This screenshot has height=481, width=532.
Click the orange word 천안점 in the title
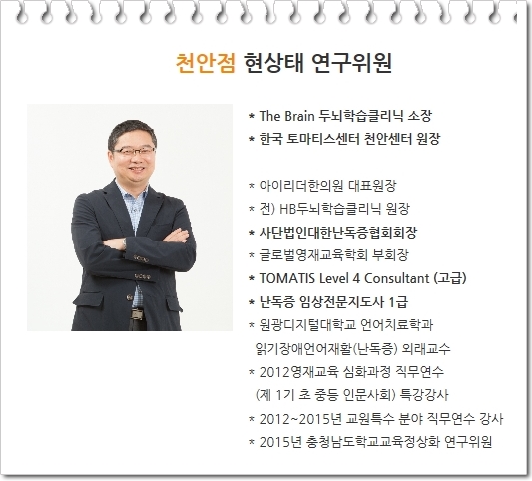(206, 63)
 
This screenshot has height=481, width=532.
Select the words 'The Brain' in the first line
(286, 116)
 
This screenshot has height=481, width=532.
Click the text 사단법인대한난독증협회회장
(338, 233)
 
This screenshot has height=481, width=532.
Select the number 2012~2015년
(299, 419)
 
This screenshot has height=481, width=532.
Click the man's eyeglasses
(134, 151)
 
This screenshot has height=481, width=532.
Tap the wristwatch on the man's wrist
(124, 242)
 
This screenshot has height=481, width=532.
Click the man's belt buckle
(138, 314)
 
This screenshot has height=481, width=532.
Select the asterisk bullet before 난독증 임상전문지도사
(252, 302)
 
